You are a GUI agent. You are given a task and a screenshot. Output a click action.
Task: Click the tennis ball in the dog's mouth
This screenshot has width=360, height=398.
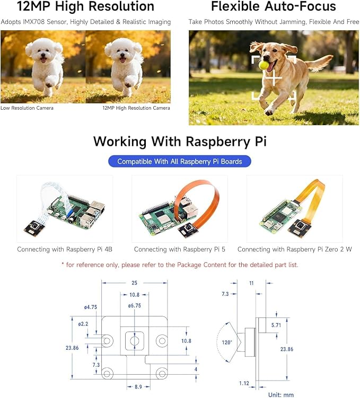tap(264, 66)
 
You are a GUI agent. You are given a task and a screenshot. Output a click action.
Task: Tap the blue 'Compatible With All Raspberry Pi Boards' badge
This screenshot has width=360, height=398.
tap(180, 162)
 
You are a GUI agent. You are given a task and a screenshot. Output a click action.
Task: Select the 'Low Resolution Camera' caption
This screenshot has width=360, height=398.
tap(27, 108)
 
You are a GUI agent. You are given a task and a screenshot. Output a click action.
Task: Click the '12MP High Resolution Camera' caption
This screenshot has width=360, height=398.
tap(136, 108)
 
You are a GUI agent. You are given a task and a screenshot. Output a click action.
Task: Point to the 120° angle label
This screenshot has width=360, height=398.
tap(227, 342)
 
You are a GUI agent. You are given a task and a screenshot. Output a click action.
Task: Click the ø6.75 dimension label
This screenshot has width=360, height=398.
tap(134, 306)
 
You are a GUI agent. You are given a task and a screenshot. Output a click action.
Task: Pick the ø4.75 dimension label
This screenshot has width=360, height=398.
tap(90, 307)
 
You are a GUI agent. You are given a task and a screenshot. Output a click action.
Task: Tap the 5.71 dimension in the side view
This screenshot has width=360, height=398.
tap(276, 325)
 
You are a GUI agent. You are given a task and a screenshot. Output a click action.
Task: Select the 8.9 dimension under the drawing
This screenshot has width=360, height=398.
tap(138, 386)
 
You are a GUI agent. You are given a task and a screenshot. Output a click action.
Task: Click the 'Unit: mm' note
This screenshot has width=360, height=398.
tap(281, 395)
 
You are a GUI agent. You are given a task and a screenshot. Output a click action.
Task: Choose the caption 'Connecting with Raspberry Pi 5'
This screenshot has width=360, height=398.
tap(180, 249)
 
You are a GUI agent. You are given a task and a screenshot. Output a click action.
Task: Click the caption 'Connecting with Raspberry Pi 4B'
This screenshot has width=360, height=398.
tap(65, 249)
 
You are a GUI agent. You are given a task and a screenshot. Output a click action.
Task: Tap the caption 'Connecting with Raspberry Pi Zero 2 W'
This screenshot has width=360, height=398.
tap(294, 249)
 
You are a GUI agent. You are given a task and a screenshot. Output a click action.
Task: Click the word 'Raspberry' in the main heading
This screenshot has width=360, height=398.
tap(218, 141)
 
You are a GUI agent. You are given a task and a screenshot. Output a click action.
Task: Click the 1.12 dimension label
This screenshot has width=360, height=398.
tap(244, 383)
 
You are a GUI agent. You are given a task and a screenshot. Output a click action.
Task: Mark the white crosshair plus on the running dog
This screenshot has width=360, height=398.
tap(274, 78)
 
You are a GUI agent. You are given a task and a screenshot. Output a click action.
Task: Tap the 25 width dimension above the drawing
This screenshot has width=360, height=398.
tap(134, 283)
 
